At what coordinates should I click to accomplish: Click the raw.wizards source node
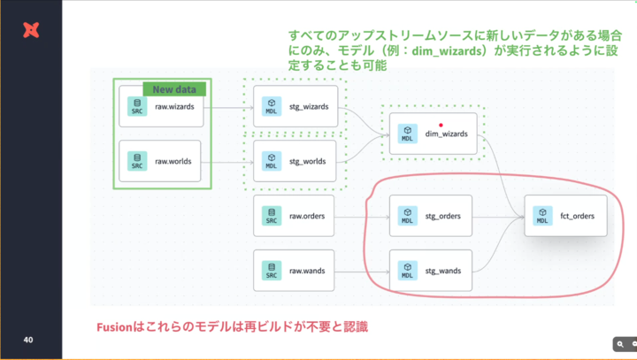(x=161, y=106)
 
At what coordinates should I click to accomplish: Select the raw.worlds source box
(x=159, y=161)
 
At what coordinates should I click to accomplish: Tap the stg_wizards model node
(x=295, y=106)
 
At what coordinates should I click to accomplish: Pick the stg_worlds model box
(x=295, y=161)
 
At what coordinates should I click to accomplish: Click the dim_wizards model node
(x=433, y=134)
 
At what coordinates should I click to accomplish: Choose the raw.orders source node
(x=294, y=216)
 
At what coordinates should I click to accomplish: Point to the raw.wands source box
(x=294, y=271)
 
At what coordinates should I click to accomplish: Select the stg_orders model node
(x=431, y=216)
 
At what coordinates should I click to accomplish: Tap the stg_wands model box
(x=431, y=271)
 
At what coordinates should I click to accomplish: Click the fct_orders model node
(x=566, y=216)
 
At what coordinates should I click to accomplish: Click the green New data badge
(x=174, y=89)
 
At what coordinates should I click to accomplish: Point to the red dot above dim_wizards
(x=441, y=125)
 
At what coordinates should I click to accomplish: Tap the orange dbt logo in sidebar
(x=31, y=30)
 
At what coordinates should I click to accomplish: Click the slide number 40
(x=28, y=340)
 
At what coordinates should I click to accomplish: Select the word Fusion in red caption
(x=114, y=326)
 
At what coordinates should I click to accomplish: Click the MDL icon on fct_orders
(x=542, y=216)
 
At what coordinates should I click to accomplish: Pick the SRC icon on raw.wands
(x=272, y=271)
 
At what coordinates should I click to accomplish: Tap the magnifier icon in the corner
(x=620, y=345)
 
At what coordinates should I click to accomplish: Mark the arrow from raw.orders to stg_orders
(x=362, y=218)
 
